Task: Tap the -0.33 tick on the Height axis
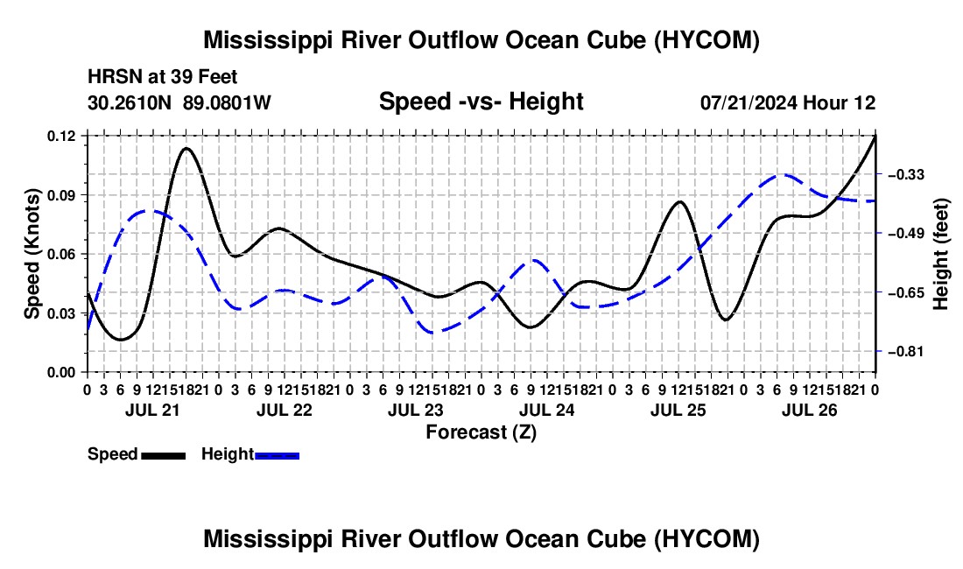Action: click(906, 175)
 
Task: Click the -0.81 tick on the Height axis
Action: click(906, 352)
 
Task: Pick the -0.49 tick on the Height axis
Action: click(906, 233)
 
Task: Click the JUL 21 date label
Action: click(152, 410)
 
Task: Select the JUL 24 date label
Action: click(546, 410)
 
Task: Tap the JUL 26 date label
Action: click(810, 410)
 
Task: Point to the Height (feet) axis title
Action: click(940, 254)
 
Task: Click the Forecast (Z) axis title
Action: click(481, 432)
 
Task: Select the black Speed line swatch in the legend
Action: click(164, 455)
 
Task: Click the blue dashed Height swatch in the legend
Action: click(277, 455)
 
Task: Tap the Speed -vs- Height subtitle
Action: click(481, 102)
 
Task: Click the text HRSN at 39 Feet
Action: click(162, 77)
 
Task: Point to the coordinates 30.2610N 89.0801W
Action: click(179, 102)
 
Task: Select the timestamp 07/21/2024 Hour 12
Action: click(788, 102)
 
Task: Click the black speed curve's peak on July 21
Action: click(186, 148)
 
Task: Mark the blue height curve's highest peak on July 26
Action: click(782, 175)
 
